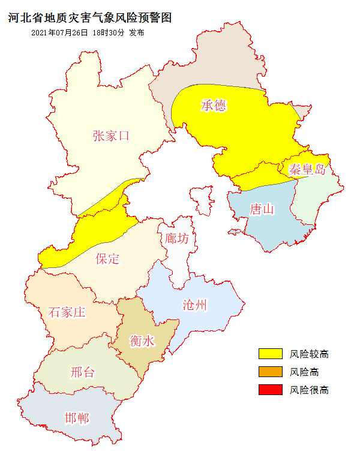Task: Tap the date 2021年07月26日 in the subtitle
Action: click(x=59, y=33)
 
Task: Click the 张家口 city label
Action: click(x=111, y=135)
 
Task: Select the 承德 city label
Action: click(x=214, y=106)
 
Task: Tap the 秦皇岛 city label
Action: click(x=307, y=169)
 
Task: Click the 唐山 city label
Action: click(x=262, y=209)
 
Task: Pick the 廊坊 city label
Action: click(x=177, y=239)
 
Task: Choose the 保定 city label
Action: click(x=108, y=259)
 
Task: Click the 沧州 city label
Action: click(x=194, y=305)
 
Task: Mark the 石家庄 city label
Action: click(x=67, y=312)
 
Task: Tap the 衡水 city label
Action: click(x=142, y=342)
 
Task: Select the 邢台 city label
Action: click(x=82, y=372)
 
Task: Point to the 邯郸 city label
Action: click(x=77, y=417)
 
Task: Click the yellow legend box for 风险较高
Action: click(x=270, y=354)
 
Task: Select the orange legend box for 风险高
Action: click(x=270, y=372)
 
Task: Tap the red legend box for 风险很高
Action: click(x=270, y=390)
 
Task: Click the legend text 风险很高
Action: click(x=310, y=390)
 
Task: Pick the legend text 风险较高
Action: click(x=310, y=354)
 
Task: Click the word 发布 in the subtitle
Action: click(x=136, y=33)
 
